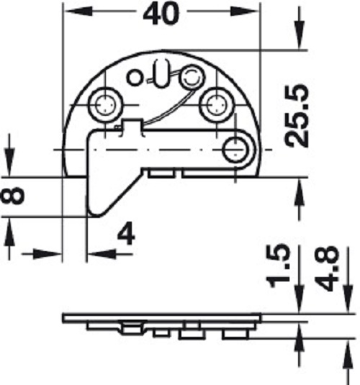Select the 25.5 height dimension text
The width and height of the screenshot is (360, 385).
point(296,115)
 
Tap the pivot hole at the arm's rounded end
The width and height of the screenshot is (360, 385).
point(235,149)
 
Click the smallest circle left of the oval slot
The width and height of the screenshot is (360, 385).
point(134,76)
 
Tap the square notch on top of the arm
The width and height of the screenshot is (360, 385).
point(130,127)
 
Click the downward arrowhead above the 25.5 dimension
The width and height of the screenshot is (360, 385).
point(299,40)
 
